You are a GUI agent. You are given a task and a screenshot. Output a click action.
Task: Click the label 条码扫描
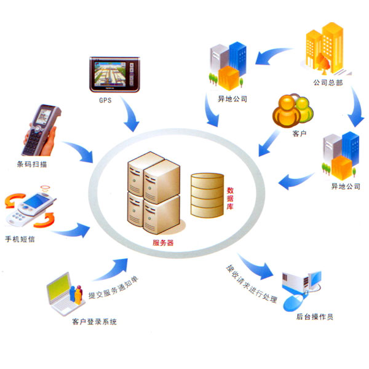point(32,164)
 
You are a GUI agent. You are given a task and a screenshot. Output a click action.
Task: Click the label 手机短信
point(22,239)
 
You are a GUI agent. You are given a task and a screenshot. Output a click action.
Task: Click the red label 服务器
point(162,242)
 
